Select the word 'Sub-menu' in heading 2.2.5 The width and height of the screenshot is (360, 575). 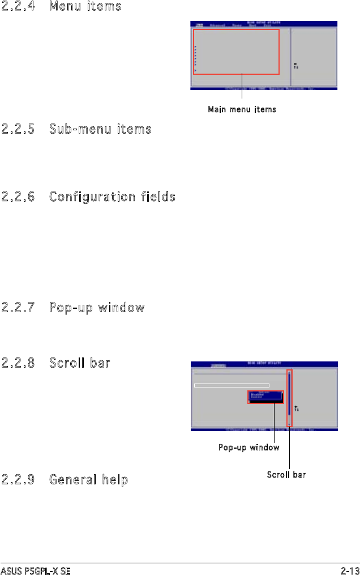click(76, 130)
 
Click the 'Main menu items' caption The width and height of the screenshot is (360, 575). click(242, 109)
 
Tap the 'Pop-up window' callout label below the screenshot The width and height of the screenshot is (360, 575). click(249, 448)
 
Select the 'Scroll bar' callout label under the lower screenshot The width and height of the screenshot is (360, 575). click(286, 475)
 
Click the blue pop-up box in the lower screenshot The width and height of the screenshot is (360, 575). click(265, 397)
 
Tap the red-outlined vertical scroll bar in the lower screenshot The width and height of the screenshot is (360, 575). click(289, 398)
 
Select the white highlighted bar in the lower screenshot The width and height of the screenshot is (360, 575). click(232, 385)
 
